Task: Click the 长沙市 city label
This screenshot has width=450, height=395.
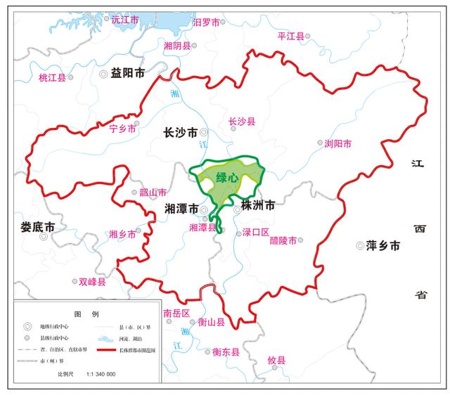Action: click(x=179, y=131)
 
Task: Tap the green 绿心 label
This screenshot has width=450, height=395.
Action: click(x=227, y=179)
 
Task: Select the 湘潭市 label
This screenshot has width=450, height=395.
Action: click(x=180, y=209)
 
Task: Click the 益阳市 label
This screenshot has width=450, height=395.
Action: click(x=128, y=73)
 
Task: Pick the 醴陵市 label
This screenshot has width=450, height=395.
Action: click(x=283, y=240)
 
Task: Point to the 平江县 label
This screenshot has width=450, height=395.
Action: click(x=291, y=36)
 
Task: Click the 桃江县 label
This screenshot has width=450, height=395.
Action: click(x=52, y=78)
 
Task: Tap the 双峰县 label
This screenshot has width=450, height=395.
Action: click(x=92, y=282)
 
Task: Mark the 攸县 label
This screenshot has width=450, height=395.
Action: click(x=277, y=361)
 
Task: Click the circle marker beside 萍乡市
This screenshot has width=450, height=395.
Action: click(x=360, y=246)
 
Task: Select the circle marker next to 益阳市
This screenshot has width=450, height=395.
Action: click(x=105, y=73)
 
